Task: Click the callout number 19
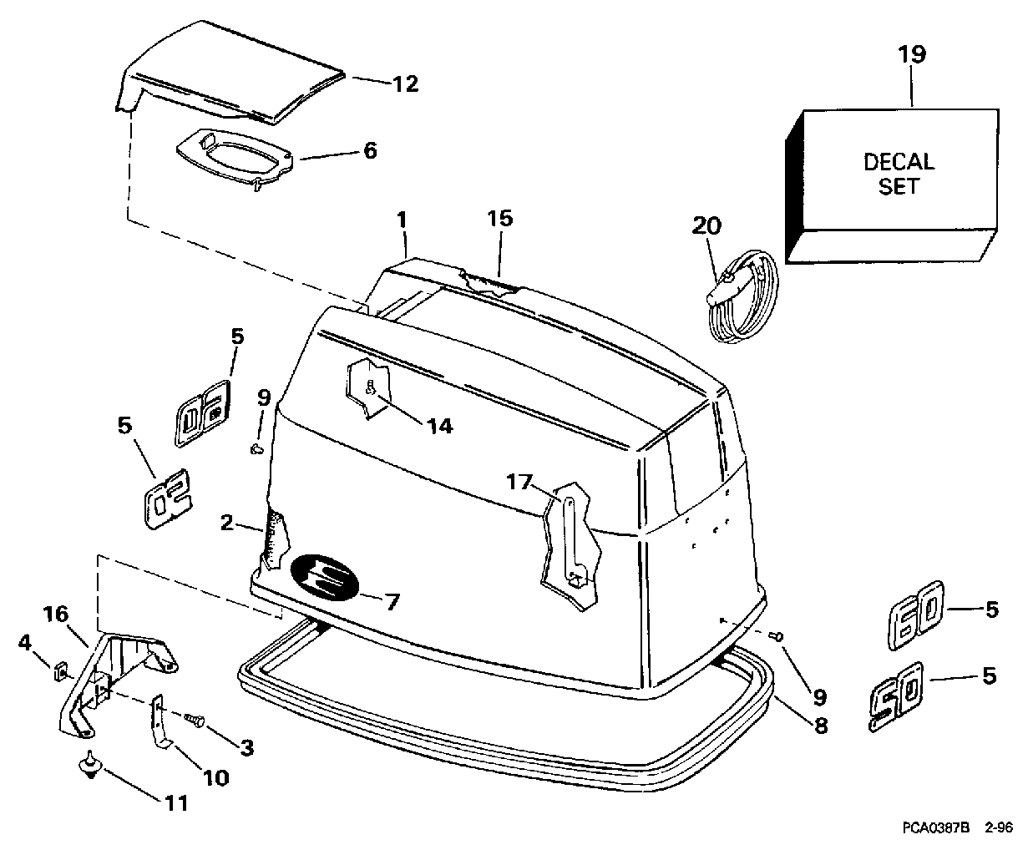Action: [912, 54]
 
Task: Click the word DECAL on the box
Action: [899, 162]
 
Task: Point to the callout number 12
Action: [406, 83]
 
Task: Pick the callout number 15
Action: [499, 218]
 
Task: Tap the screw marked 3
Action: [195, 719]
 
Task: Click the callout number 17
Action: [519, 482]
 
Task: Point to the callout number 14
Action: [439, 426]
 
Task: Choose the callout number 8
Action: [820, 726]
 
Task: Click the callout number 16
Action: [55, 614]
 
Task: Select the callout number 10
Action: [215, 778]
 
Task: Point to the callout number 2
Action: [226, 523]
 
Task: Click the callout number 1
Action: [402, 220]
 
